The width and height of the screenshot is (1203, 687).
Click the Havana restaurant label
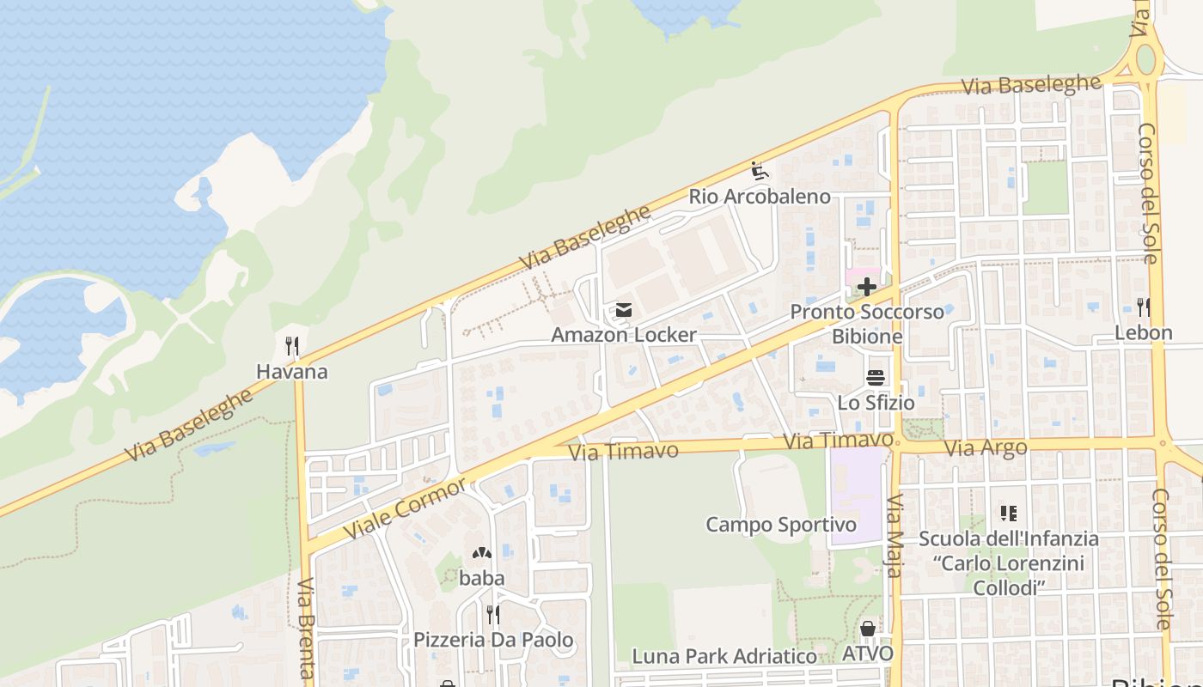point(292,372)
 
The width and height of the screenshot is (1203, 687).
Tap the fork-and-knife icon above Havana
point(292,346)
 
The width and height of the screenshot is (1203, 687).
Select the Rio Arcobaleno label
point(760,197)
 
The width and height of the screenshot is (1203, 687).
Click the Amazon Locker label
point(624,334)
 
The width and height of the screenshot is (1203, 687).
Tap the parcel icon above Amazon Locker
point(624,310)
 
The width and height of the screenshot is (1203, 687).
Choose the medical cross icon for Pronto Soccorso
point(867,287)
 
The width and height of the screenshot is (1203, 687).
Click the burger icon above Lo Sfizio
point(876,378)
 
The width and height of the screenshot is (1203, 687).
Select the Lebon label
point(1143,332)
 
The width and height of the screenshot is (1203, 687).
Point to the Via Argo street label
point(986,447)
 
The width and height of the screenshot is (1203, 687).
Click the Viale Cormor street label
point(406,509)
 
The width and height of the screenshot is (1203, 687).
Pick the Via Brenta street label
point(305,627)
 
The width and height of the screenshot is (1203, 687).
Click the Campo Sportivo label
point(781,525)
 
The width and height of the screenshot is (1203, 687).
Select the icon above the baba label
point(481,554)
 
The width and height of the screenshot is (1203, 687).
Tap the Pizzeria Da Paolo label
point(493,640)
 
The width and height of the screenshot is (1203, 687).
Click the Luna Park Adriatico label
point(724,657)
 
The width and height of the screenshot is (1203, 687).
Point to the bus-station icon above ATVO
point(867,629)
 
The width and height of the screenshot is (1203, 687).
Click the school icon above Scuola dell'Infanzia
point(1009,514)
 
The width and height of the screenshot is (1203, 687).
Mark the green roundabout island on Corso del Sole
point(1145,59)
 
